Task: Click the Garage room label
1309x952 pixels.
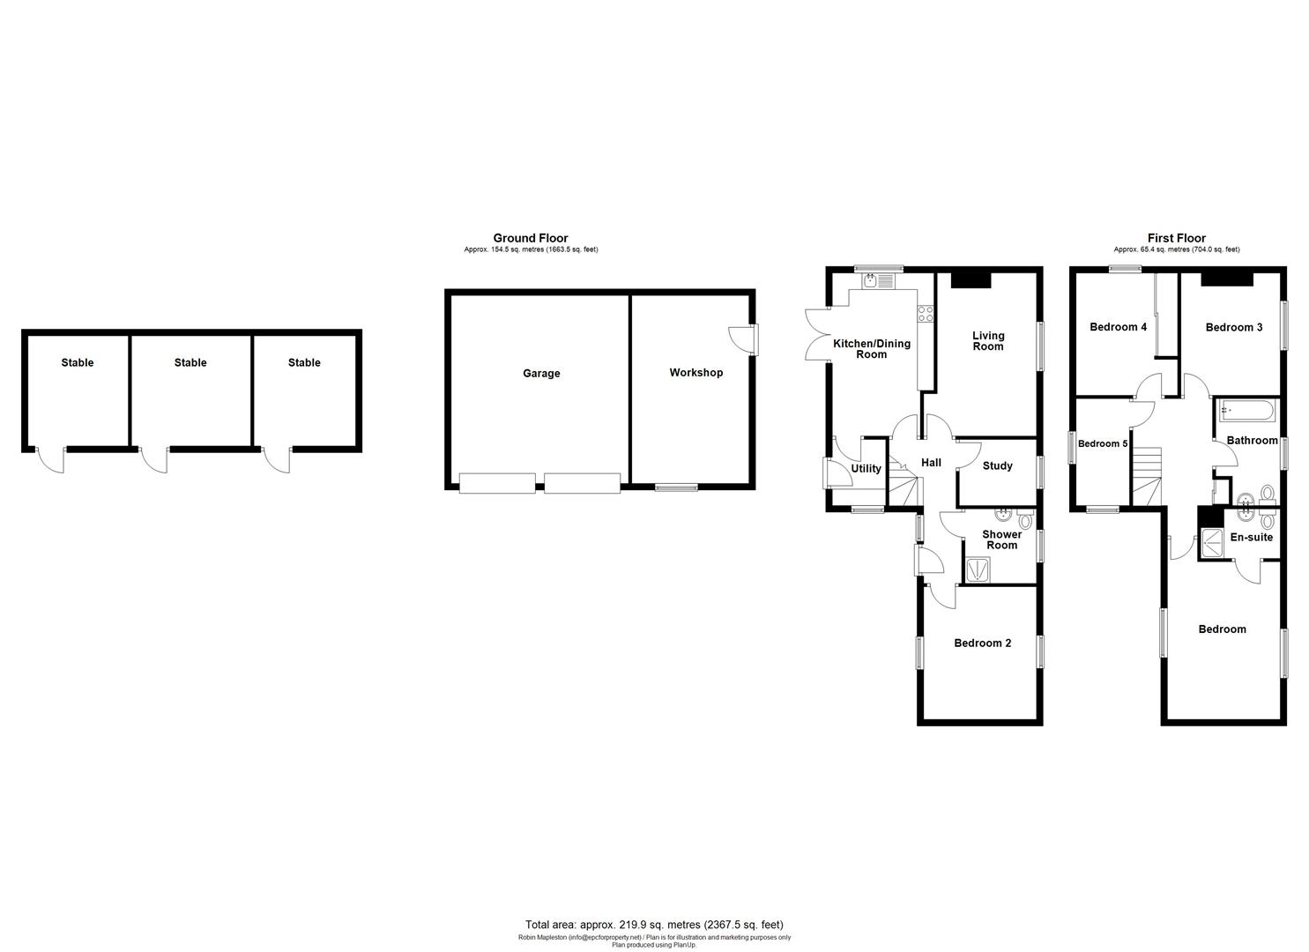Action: [x=541, y=374]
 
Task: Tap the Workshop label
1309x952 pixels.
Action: [x=695, y=373]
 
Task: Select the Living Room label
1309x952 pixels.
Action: [x=988, y=341]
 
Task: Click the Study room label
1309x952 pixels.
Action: [x=997, y=466]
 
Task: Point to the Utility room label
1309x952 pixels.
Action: [x=866, y=469]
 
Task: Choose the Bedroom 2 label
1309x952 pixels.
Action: [x=982, y=643]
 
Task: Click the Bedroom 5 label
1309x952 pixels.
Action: [x=1103, y=444]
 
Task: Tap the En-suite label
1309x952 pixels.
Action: [x=1251, y=538]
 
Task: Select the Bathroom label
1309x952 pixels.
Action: [x=1252, y=441]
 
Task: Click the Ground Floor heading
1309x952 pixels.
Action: [x=530, y=238]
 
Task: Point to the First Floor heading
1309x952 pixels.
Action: [x=1176, y=238]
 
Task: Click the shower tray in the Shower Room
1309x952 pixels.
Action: [x=978, y=570]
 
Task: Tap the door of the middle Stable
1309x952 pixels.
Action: [x=155, y=459]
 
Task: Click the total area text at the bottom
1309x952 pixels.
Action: [x=653, y=925]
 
